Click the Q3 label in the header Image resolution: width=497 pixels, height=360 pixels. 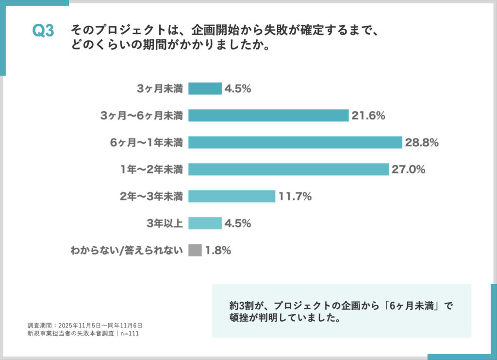(x=43, y=31)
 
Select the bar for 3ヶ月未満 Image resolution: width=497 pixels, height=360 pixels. (x=205, y=88)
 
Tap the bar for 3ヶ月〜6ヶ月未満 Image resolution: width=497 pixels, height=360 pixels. (x=268, y=116)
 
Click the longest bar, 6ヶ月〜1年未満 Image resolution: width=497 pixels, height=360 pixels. (x=295, y=142)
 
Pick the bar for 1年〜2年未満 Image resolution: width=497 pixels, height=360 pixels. (x=288, y=169)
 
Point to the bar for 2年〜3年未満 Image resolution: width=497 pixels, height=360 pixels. (x=232, y=196)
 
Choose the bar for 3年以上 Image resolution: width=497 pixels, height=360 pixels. (x=205, y=223)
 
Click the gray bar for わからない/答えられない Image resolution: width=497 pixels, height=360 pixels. (x=195, y=250)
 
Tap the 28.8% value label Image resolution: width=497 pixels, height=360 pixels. (x=422, y=143)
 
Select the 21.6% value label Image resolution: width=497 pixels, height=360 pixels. (x=368, y=116)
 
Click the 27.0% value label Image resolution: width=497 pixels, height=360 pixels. (x=409, y=170)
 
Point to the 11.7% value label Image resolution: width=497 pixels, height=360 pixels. (x=295, y=197)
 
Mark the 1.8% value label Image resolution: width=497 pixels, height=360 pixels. (x=217, y=251)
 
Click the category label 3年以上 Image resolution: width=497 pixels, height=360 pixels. (x=165, y=223)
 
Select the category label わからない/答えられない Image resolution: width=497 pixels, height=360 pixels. (x=127, y=251)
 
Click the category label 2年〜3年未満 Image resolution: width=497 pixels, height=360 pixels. (x=151, y=197)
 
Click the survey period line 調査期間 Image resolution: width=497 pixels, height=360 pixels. (x=84, y=326)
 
